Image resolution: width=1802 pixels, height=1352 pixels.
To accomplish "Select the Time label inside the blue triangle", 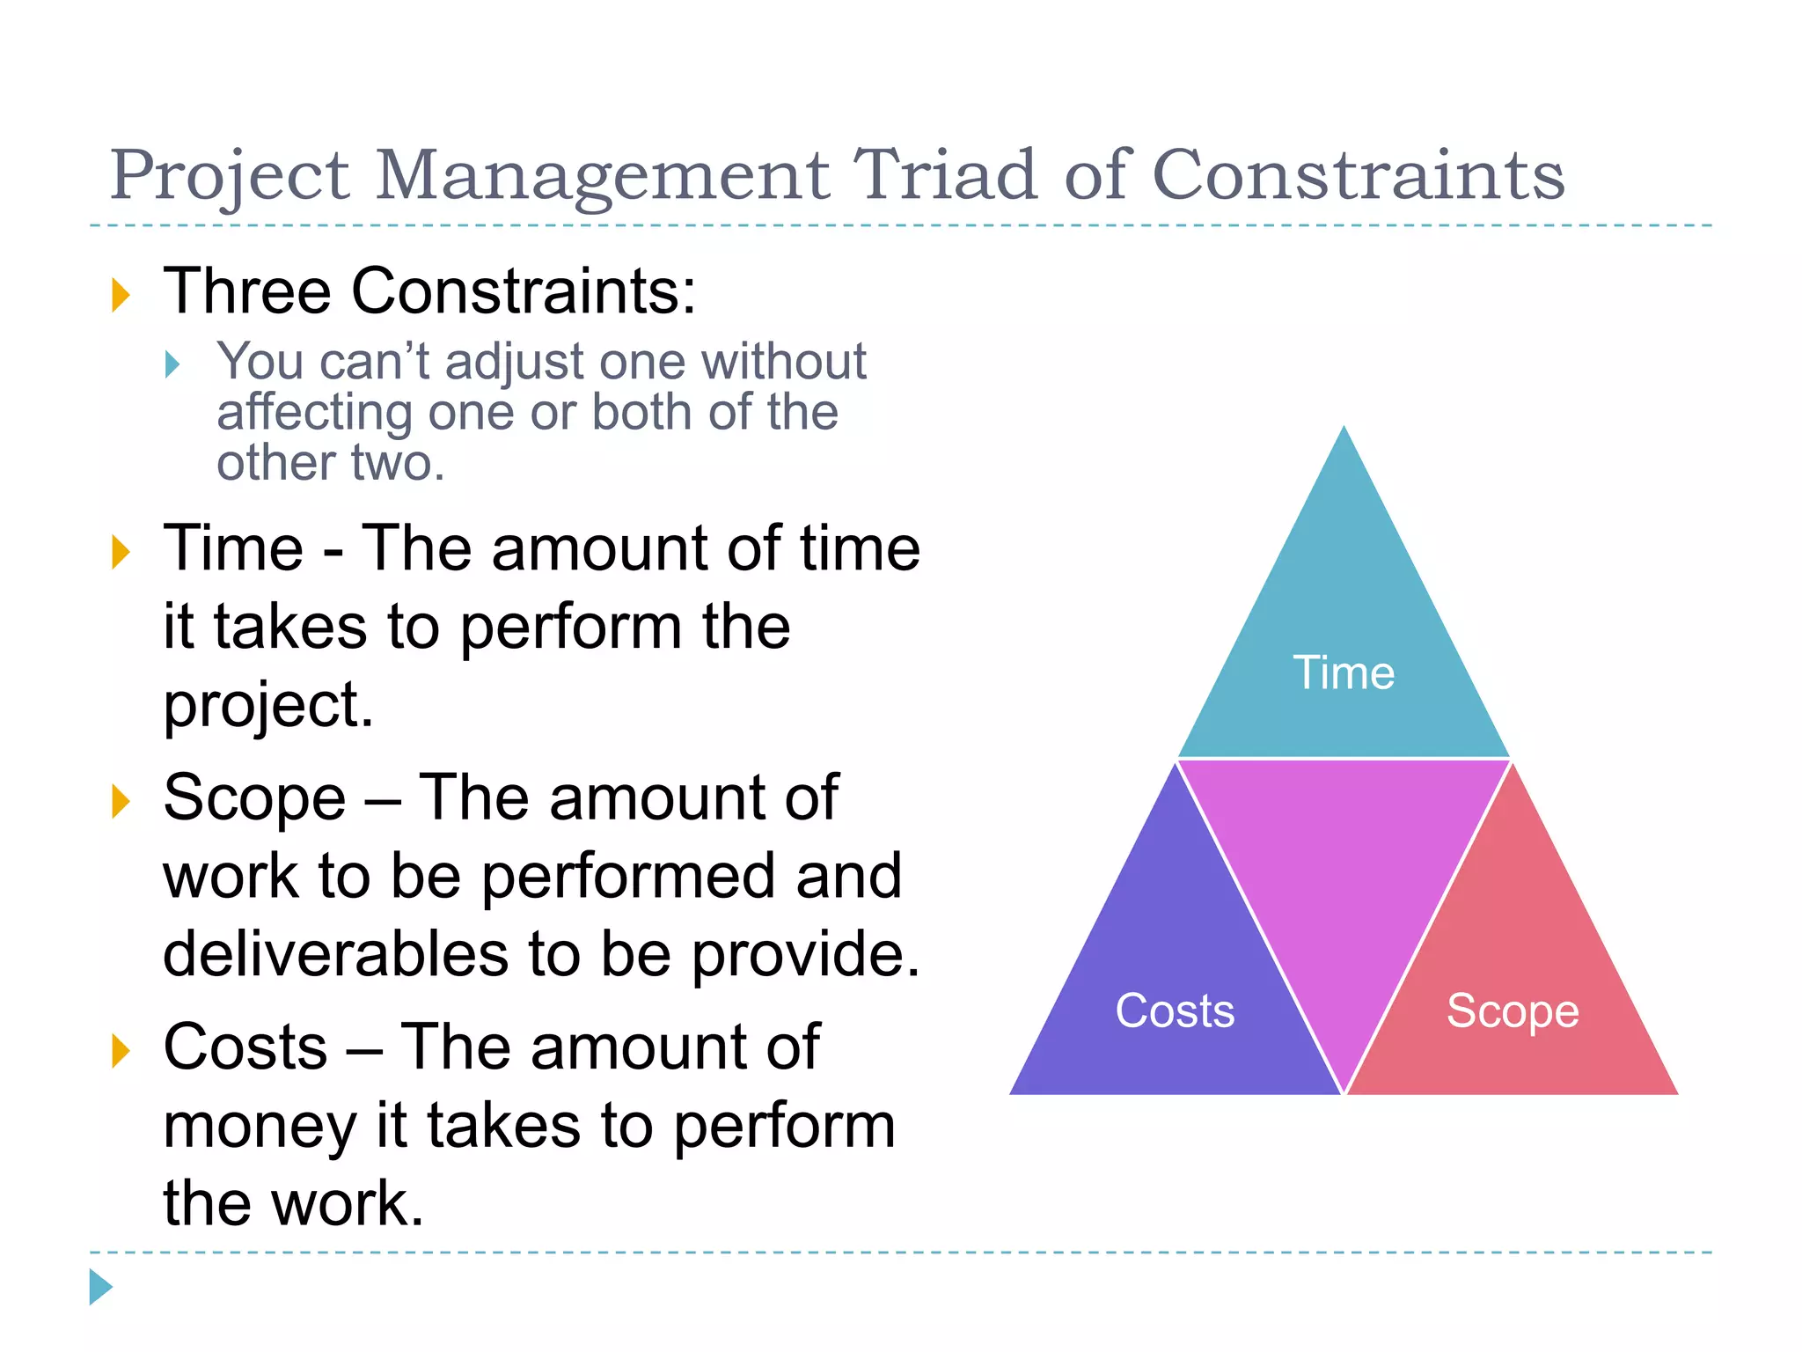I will tap(1343, 673).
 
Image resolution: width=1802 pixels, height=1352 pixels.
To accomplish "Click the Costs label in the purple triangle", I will tap(1175, 1010).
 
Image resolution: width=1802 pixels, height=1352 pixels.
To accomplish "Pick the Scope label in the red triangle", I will tap(1513, 1010).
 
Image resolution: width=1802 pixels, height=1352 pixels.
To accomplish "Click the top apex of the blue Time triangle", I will tap(1344, 433).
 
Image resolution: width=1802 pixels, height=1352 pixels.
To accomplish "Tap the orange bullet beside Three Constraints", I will tap(121, 294).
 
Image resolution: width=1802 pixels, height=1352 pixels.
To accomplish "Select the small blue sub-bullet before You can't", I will tap(172, 364).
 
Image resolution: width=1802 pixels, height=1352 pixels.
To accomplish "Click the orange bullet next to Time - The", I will tap(121, 552).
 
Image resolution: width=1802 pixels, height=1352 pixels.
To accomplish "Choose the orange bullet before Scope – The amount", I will tap(121, 801).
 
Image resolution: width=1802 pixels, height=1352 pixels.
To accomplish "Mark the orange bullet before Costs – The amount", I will tap(121, 1050).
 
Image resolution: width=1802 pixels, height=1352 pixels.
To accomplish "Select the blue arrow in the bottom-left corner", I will tap(100, 1287).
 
